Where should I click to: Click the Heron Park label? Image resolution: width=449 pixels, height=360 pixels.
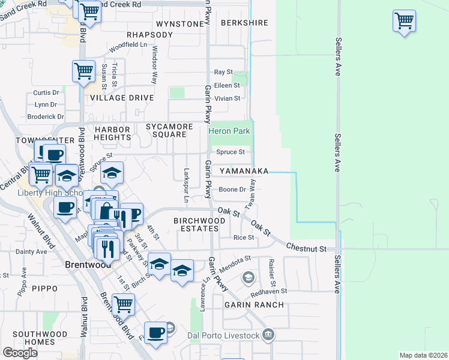(229, 131)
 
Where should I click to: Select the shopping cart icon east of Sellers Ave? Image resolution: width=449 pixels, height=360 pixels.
(405, 21)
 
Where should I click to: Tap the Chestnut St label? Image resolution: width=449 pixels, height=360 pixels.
(306, 248)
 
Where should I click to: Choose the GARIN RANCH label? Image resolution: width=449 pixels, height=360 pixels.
(254, 305)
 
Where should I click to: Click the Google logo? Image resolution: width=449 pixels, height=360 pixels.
(20, 353)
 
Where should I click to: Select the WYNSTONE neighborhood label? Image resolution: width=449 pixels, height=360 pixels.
(179, 23)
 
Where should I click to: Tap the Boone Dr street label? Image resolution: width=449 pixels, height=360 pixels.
(232, 190)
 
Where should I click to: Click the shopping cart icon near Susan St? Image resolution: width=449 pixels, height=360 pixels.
(83, 71)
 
